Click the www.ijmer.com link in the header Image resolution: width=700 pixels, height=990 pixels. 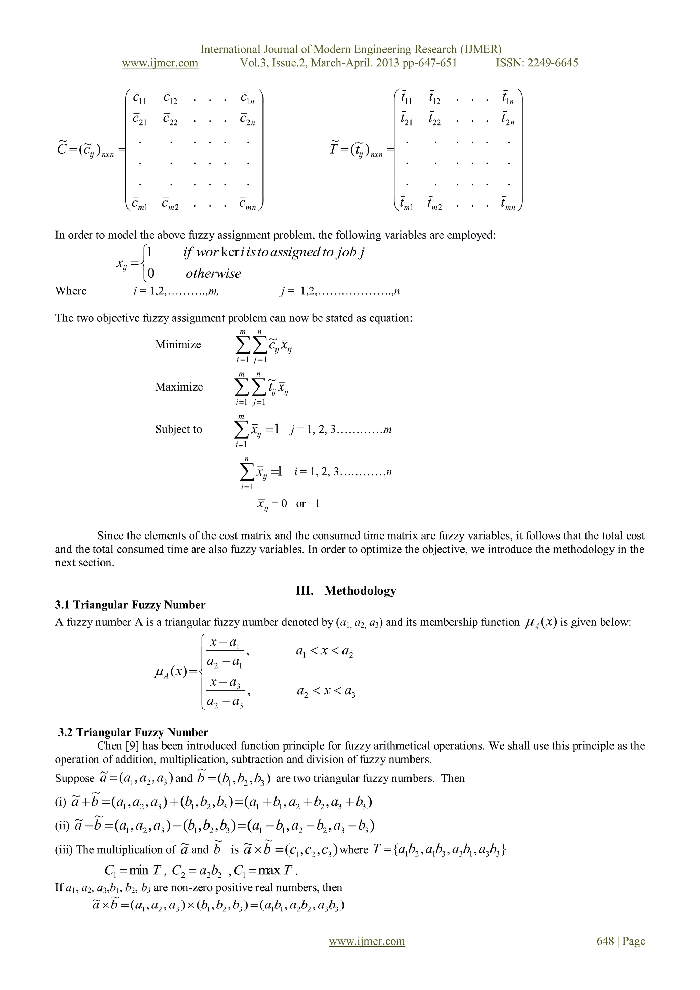160,63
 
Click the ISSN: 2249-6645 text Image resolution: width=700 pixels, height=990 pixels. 537,63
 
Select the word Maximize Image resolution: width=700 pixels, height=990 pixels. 179,387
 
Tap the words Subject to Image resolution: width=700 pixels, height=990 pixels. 178,430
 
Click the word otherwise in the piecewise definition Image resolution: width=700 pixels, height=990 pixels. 213,273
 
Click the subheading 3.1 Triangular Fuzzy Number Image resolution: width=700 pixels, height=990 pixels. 130,605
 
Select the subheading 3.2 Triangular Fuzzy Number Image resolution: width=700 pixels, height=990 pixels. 133,732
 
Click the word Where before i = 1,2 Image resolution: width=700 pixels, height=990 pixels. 71,291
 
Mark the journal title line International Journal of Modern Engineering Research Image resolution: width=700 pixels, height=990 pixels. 351,49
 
